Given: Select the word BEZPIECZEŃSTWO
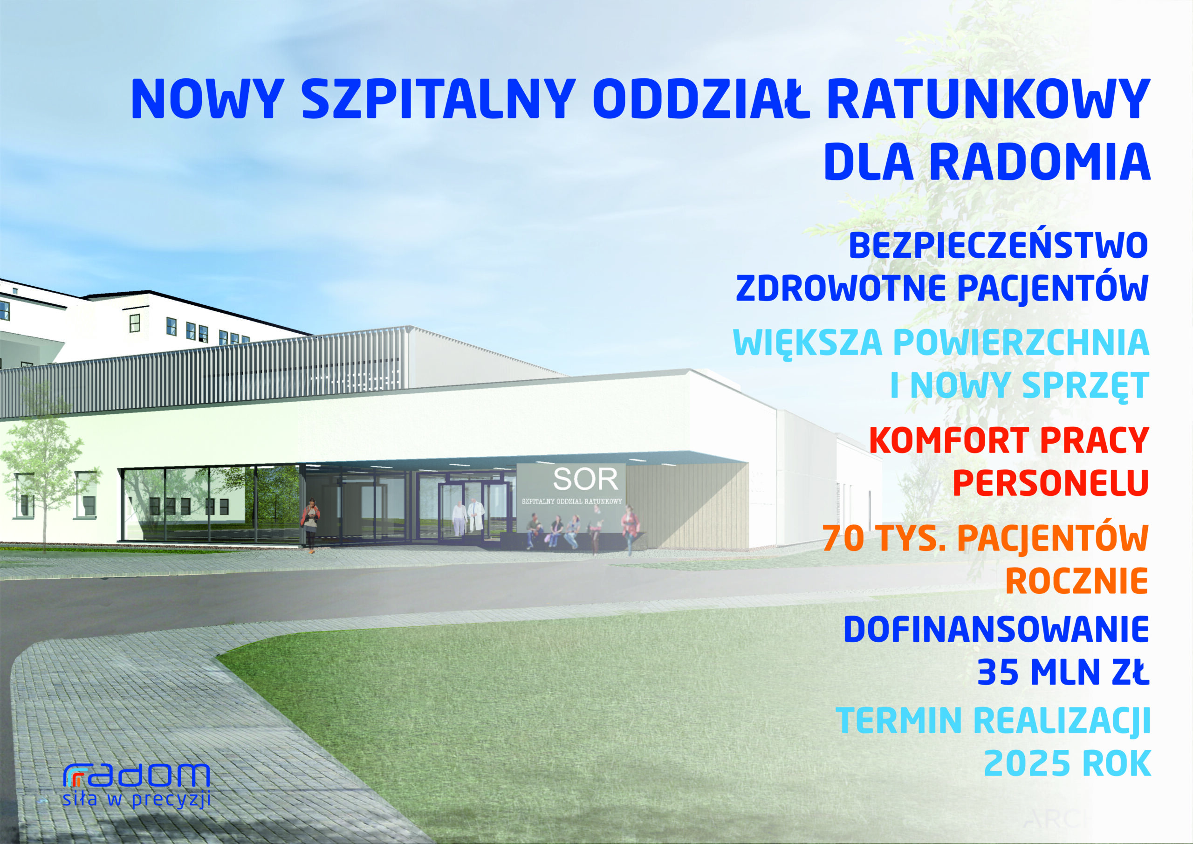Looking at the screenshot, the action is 998,245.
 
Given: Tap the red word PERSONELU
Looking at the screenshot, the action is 1050,483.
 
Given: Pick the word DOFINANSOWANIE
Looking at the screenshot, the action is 996,629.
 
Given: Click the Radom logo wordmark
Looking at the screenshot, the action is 136,775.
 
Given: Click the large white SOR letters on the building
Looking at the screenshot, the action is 586,479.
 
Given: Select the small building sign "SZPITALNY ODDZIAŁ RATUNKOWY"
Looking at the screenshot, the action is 572,501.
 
